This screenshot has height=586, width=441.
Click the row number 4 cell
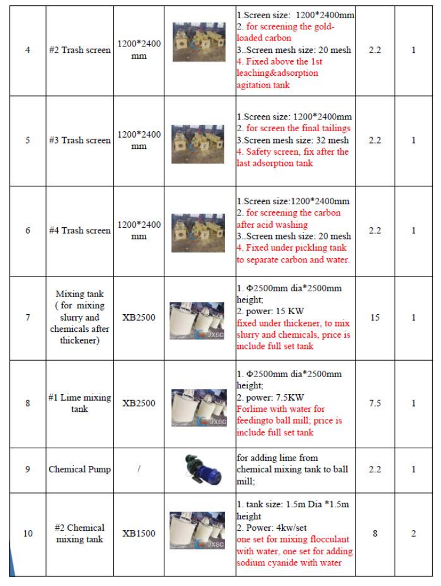(27, 50)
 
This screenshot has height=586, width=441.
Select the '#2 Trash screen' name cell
(79, 50)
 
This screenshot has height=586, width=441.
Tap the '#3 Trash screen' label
(79, 141)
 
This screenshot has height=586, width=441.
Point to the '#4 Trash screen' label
(79, 231)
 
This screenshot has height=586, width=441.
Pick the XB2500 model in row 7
(139, 318)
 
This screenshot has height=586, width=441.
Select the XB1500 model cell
(139, 534)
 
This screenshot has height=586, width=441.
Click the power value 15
(374, 318)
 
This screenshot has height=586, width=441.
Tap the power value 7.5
(374, 404)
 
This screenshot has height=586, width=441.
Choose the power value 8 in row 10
(374, 534)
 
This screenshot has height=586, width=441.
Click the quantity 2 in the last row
(413, 534)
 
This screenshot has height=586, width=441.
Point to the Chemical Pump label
(79, 470)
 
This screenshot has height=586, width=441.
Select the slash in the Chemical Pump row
(139, 470)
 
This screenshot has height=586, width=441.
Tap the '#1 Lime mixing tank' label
(79, 403)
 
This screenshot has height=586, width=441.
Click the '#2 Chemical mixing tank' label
(79, 533)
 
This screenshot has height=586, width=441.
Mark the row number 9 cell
(27, 470)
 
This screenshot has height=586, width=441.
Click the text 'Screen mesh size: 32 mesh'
(294, 141)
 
